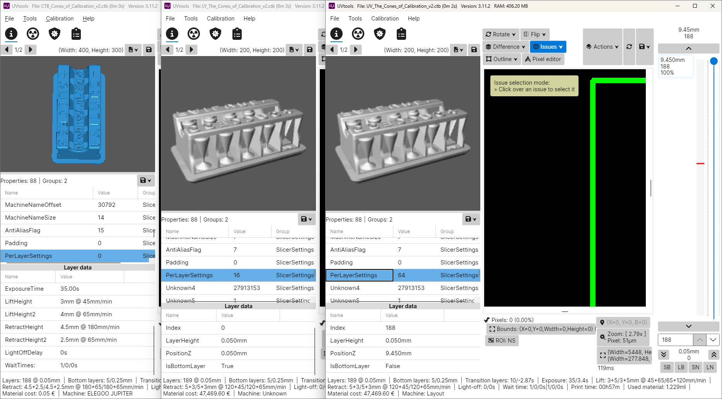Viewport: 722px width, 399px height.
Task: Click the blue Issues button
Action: (x=548, y=47)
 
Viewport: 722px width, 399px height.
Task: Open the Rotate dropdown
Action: (x=500, y=34)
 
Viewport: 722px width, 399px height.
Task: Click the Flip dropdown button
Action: (x=535, y=34)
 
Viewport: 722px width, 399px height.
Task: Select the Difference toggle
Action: (x=505, y=47)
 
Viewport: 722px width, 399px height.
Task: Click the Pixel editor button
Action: (x=543, y=59)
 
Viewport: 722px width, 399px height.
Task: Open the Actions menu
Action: (x=603, y=47)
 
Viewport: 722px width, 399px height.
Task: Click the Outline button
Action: (x=502, y=59)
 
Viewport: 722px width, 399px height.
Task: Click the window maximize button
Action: (x=695, y=6)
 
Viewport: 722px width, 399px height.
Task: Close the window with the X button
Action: (x=713, y=6)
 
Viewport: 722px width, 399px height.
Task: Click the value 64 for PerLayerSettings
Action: (x=401, y=275)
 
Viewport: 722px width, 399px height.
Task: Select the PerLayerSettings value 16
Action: (x=237, y=275)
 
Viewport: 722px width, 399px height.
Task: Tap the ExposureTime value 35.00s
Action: (x=70, y=289)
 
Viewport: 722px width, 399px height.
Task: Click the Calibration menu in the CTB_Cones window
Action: (x=60, y=19)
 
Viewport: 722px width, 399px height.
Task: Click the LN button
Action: (x=710, y=367)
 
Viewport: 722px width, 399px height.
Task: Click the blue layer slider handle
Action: (x=714, y=61)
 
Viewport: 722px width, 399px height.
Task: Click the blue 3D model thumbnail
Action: (x=78, y=114)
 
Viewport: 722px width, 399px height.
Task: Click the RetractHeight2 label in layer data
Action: (x=26, y=340)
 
